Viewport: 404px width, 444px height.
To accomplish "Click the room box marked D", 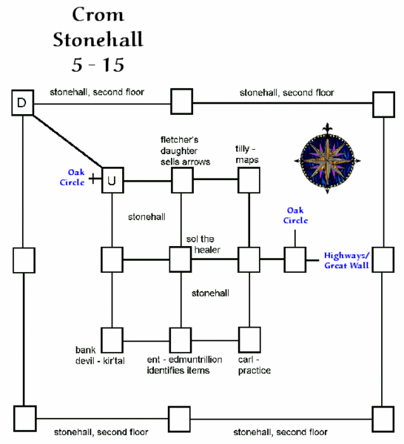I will pyautogui.click(x=22, y=104).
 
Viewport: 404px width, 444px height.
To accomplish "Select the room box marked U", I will pyautogui.click(x=112, y=179).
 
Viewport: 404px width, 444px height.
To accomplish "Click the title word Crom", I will pyautogui.click(x=98, y=15).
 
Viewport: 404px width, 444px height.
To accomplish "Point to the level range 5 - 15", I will pyautogui.click(x=98, y=64).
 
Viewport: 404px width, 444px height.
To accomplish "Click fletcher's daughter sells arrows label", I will pyautogui.click(x=185, y=150).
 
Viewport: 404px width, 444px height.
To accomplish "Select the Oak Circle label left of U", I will pyautogui.click(x=73, y=179).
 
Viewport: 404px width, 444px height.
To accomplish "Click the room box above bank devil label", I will pyautogui.click(x=112, y=339).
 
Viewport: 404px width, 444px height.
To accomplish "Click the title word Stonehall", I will pyautogui.click(x=98, y=39).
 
